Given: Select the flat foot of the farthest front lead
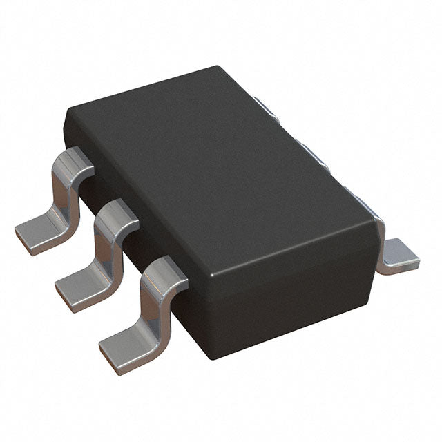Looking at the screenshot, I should coord(38,231).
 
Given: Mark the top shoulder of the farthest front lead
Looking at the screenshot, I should coord(73,160).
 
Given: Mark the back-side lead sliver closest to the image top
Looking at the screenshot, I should coord(265,107).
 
